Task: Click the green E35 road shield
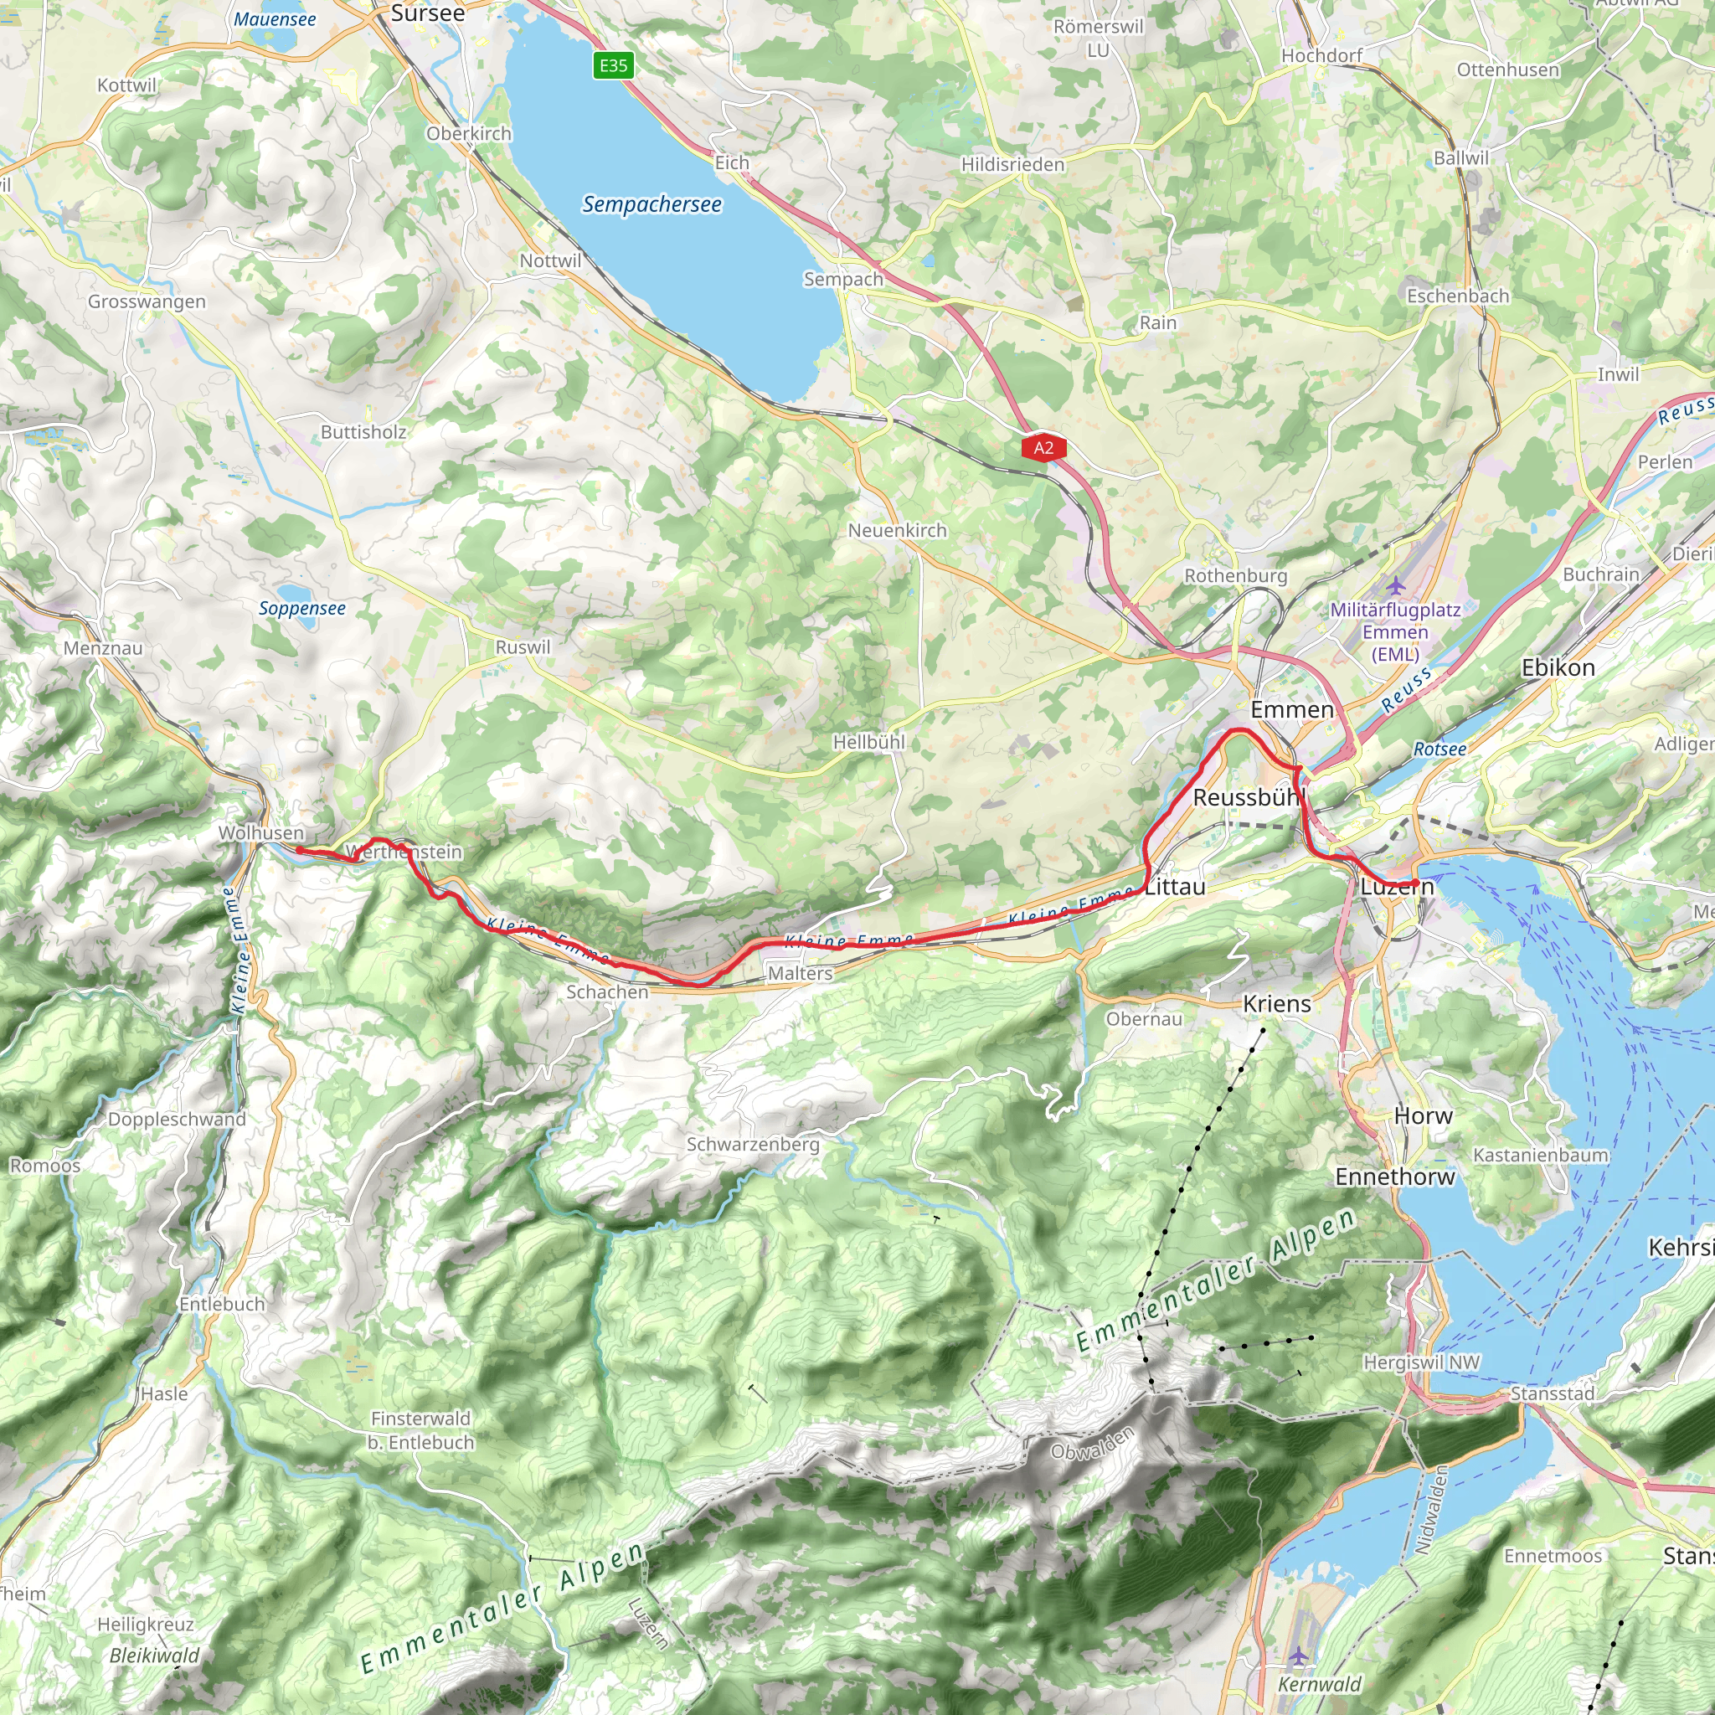[613, 64]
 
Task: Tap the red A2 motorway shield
[1043, 447]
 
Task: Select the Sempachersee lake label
[651, 204]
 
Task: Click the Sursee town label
[427, 13]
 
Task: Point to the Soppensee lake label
[301, 608]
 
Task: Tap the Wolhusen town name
[261, 832]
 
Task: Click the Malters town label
[800, 973]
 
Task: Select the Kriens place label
[1276, 1004]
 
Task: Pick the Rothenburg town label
[1235, 575]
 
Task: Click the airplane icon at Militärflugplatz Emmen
[1395, 586]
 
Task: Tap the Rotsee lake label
[1439, 749]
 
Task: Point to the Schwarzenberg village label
[753, 1144]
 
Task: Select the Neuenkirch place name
[897, 530]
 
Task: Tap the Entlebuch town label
[222, 1304]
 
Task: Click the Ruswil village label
[522, 647]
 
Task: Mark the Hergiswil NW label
[1421, 1362]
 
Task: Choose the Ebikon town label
[1557, 667]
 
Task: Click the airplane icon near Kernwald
[1298, 1655]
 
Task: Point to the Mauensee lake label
[275, 18]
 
